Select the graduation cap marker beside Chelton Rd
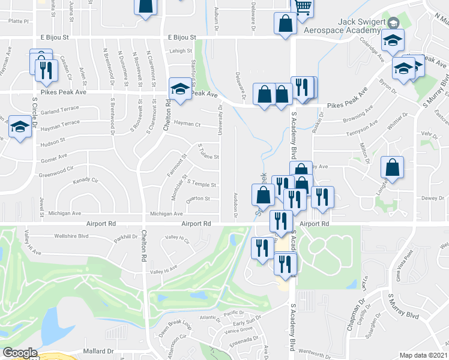click(179, 90)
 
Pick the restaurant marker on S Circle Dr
click(46, 71)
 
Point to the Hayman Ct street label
click(187, 124)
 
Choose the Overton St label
click(198, 199)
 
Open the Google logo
click(20, 353)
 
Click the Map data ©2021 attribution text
click(423, 355)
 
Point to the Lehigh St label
click(179, 52)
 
